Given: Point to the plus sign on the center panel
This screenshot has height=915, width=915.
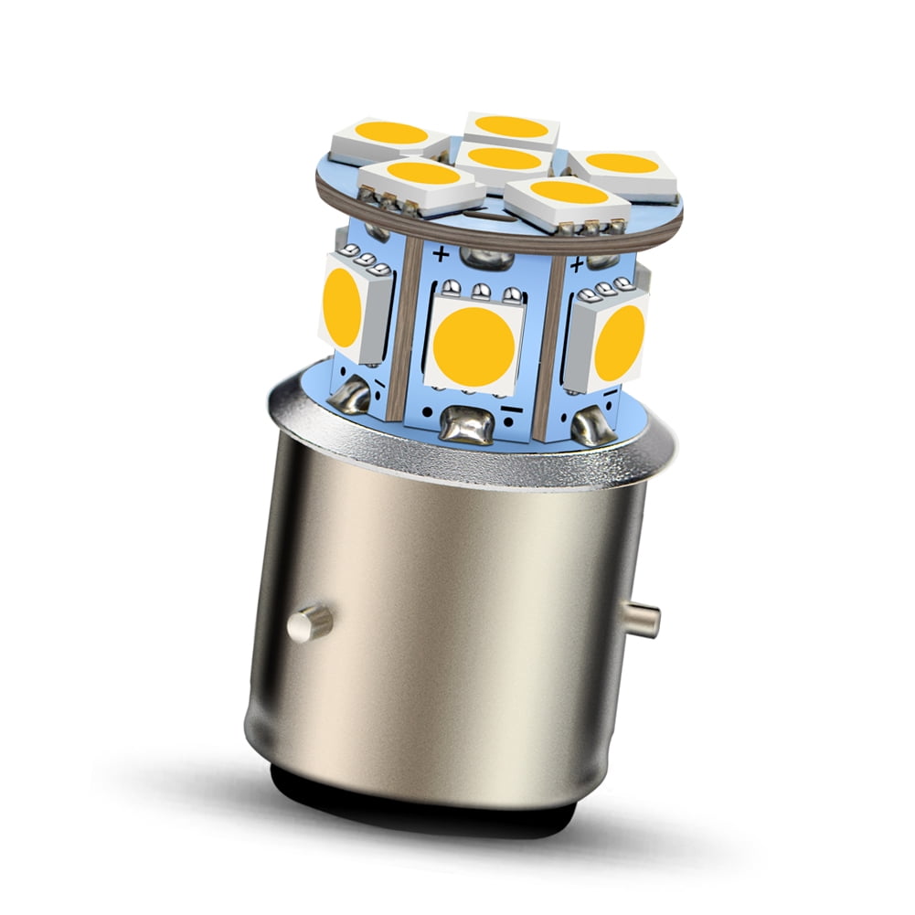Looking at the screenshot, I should [x=442, y=253].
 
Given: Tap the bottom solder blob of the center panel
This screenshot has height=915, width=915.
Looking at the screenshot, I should [x=464, y=425].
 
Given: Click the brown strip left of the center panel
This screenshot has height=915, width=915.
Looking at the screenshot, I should [x=405, y=329].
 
